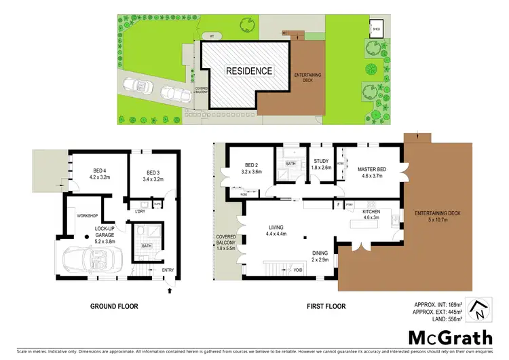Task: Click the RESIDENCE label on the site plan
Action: coord(249,71)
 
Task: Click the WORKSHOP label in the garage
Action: coord(88,215)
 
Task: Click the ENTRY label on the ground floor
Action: coord(168,270)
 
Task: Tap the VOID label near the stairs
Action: coord(297,270)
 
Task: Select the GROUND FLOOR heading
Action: coord(114,306)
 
